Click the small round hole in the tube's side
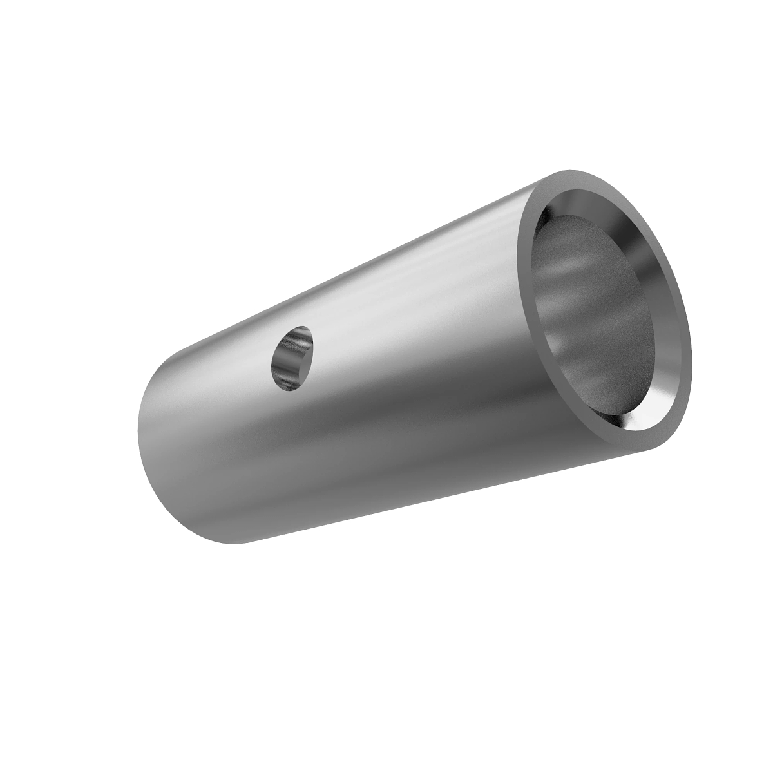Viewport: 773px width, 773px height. pyautogui.click(x=293, y=358)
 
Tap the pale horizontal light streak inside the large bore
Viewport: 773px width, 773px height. pyautogui.click(x=580, y=271)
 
